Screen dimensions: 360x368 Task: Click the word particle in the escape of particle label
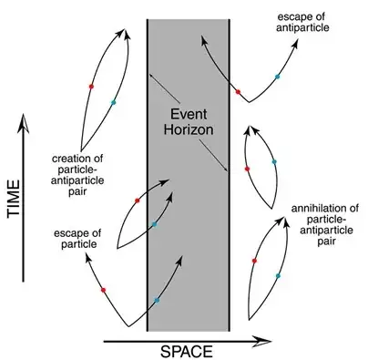pos(106,244)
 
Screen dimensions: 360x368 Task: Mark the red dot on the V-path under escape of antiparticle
pos(238,91)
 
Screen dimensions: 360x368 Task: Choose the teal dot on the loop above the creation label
pos(113,102)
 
